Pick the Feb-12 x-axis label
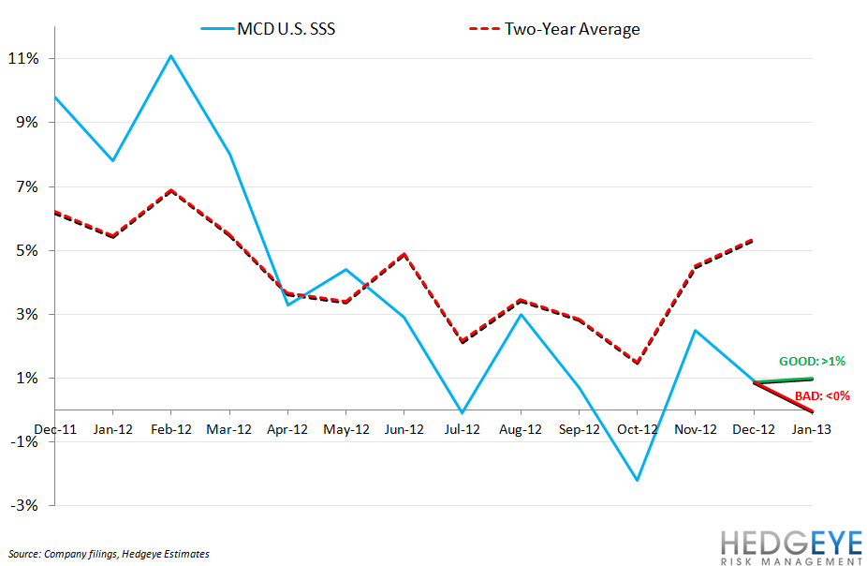click(x=171, y=428)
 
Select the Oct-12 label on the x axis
click(x=636, y=428)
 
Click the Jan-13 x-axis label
click(x=810, y=428)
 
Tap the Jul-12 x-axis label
click(x=462, y=428)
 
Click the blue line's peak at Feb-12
click(x=171, y=55)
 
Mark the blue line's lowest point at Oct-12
click(x=637, y=481)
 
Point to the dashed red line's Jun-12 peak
click(x=404, y=254)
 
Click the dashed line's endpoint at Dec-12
click(x=753, y=240)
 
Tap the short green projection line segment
click(x=782, y=380)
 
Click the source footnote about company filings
click(x=108, y=554)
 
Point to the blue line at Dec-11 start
click(x=55, y=97)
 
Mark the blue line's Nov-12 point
click(x=695, y=330)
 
